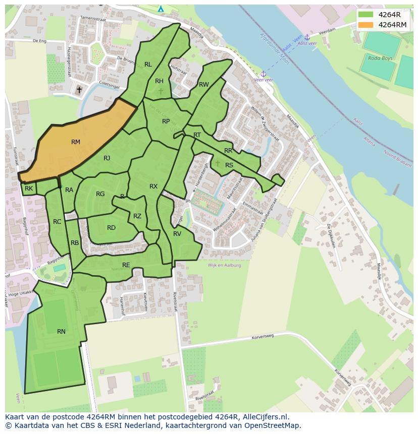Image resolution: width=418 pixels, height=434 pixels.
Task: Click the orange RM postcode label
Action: tap(76, 142)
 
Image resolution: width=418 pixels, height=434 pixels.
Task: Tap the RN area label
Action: tap(61, 331)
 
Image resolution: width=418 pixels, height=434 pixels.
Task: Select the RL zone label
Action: tap(148, 64)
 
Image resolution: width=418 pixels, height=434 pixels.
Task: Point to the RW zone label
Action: tap(203, 84)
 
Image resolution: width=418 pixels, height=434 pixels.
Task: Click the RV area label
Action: tap(177, 234)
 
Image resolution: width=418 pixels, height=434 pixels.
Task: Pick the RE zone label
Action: tap(126, 265)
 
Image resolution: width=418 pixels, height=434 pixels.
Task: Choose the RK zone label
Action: tap(29, 189)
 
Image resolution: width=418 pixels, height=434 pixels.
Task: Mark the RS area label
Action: tap(229, 165)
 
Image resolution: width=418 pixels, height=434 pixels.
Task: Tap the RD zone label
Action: tap(111, 228)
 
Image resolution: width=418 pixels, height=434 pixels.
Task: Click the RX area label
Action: tap(153, 187)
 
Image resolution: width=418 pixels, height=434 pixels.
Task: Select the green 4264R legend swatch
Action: tap(366, 15)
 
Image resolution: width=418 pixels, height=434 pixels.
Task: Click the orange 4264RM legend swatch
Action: tap(366, 25)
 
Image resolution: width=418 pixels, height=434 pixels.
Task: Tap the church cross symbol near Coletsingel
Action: tap(79, 90)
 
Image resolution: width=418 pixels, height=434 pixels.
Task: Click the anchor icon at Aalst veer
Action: tap(306, 37)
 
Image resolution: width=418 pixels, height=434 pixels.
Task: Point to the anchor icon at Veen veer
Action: tap(263, 74)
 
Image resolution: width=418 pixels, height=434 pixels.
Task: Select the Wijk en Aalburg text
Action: tap(224, 265)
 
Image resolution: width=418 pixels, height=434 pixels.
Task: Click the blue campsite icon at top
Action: tap(161, 9)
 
